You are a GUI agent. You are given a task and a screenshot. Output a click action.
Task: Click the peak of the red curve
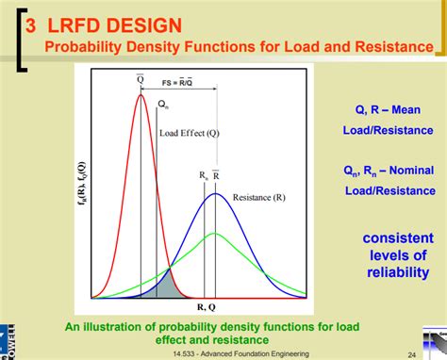tap(141, 94)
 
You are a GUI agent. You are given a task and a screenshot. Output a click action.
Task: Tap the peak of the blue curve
tap(216, 194)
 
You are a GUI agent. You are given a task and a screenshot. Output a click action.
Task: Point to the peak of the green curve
tap(216, 233)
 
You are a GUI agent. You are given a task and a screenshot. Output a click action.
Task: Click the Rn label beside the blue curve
tap(203, 176)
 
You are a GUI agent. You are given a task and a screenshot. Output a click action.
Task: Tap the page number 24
tap(412, 353)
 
